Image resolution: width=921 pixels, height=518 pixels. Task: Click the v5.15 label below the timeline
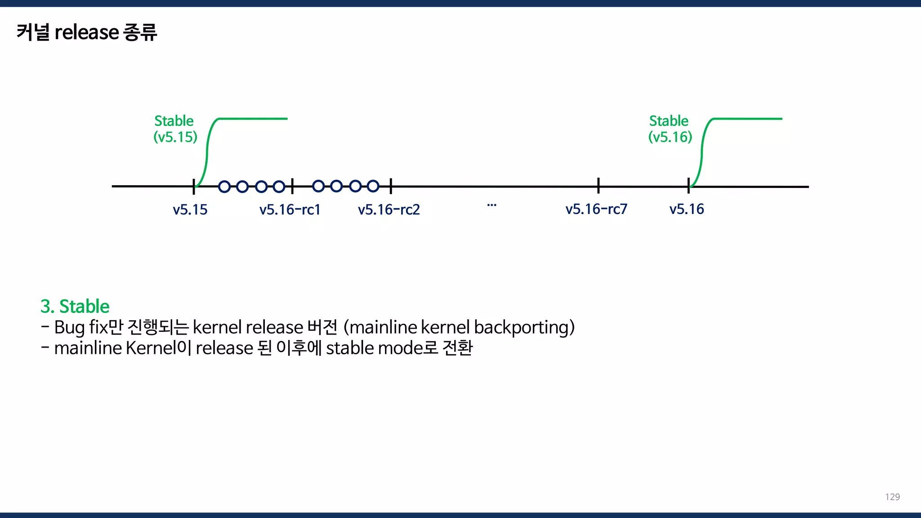click(x=190, y=210)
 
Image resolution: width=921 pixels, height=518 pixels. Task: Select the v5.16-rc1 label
click(x=290, y=210)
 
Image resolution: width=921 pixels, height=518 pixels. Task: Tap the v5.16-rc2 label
click(x=389, y=210)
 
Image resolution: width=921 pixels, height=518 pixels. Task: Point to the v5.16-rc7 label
click(x=596, y=209)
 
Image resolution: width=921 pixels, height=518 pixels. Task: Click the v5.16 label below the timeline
click(x=686, y=209)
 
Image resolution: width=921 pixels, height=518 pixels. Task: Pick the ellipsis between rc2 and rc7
click(x=492, y=205)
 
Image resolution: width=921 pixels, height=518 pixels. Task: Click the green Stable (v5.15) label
click(x=175, y=129)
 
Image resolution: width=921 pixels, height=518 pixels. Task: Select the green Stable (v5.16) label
click(x=670, y=129)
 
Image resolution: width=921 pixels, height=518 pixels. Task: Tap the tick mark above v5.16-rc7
click(x=599, y=185)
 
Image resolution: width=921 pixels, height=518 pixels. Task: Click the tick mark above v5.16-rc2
click(x=391, y=186)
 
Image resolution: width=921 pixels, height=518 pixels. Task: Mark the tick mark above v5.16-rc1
click(x=292, y=186)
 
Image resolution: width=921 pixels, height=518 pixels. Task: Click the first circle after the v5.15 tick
click(x=224, y=186)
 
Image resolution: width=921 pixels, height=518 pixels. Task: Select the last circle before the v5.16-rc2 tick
click(x=373, y=186)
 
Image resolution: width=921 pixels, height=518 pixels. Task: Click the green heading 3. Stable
click(x=75, y=306)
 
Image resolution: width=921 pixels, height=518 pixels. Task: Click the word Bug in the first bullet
click(x=69, y=327)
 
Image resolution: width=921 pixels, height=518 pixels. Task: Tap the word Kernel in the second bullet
click(x=151, y=348)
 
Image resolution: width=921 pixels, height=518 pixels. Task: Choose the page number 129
click(x=892, y=497)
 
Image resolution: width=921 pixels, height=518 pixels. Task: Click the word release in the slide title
click(x=86, y=32)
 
